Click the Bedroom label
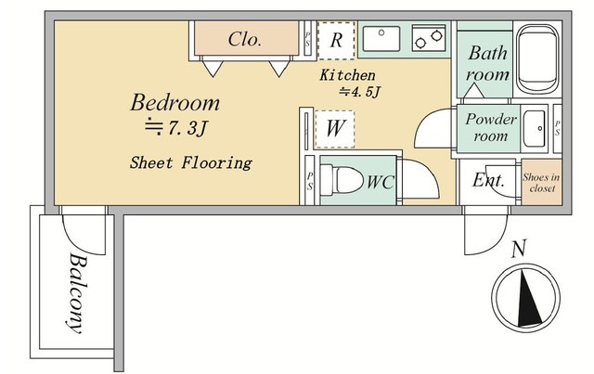pos(175,103)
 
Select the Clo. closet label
pos(245,39)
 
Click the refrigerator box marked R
pos(336,41)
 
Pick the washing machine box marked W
pos(335,129)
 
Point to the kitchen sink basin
pos(381,39)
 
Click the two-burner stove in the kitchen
pos(429,38)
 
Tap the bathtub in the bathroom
pos(538,58)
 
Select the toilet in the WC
pos(342,180)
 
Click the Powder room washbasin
pos(535,128)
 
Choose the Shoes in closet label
pos(542,183)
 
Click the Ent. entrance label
pos(489,180)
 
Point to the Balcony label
pos(77,293)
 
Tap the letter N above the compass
pos(519,249)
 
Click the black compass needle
pos(528,298)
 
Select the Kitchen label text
pos(348,75)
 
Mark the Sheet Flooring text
pos(191,162)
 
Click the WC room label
pos(381,182)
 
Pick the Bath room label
pos(487,64)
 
